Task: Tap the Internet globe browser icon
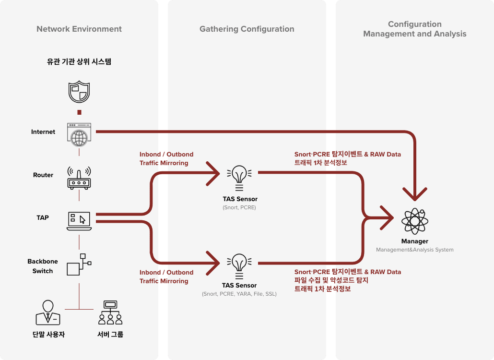click(79, 133)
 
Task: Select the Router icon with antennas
click(79, 177)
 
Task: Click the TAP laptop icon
click(79, 220)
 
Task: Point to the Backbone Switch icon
click(79, 264)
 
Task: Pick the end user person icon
click(47, 312)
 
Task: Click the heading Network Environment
click(79, 29)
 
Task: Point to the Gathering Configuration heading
click(247, 29)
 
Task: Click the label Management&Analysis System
click(414, 250)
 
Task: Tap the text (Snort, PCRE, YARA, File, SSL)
click(239, 294)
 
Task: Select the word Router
click(43, 175)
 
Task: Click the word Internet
click(43, 132)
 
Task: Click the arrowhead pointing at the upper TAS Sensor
click(213, 174)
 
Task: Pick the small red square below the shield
click(79, 112)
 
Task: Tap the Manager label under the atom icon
click(414, 241)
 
